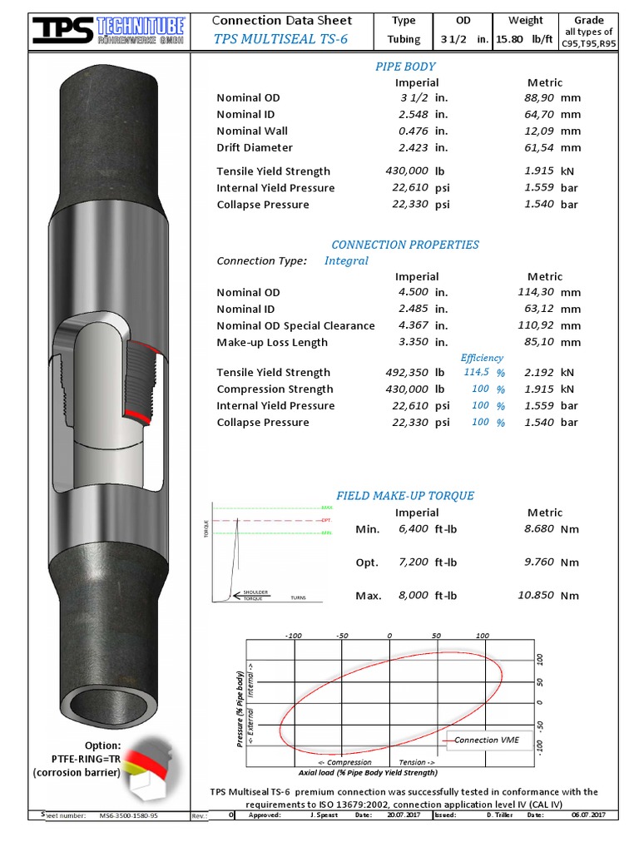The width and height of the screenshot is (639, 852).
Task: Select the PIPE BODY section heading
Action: (405, 67)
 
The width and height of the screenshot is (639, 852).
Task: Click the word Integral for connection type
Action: (346, 261)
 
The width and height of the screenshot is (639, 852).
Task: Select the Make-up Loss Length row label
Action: (272, 343)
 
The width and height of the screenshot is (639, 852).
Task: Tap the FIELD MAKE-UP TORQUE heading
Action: (405, 496)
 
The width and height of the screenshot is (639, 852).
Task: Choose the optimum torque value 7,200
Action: (414, 562)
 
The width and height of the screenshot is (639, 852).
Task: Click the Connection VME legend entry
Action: (487, 740)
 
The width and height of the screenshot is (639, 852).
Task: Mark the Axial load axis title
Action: (368, 773)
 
